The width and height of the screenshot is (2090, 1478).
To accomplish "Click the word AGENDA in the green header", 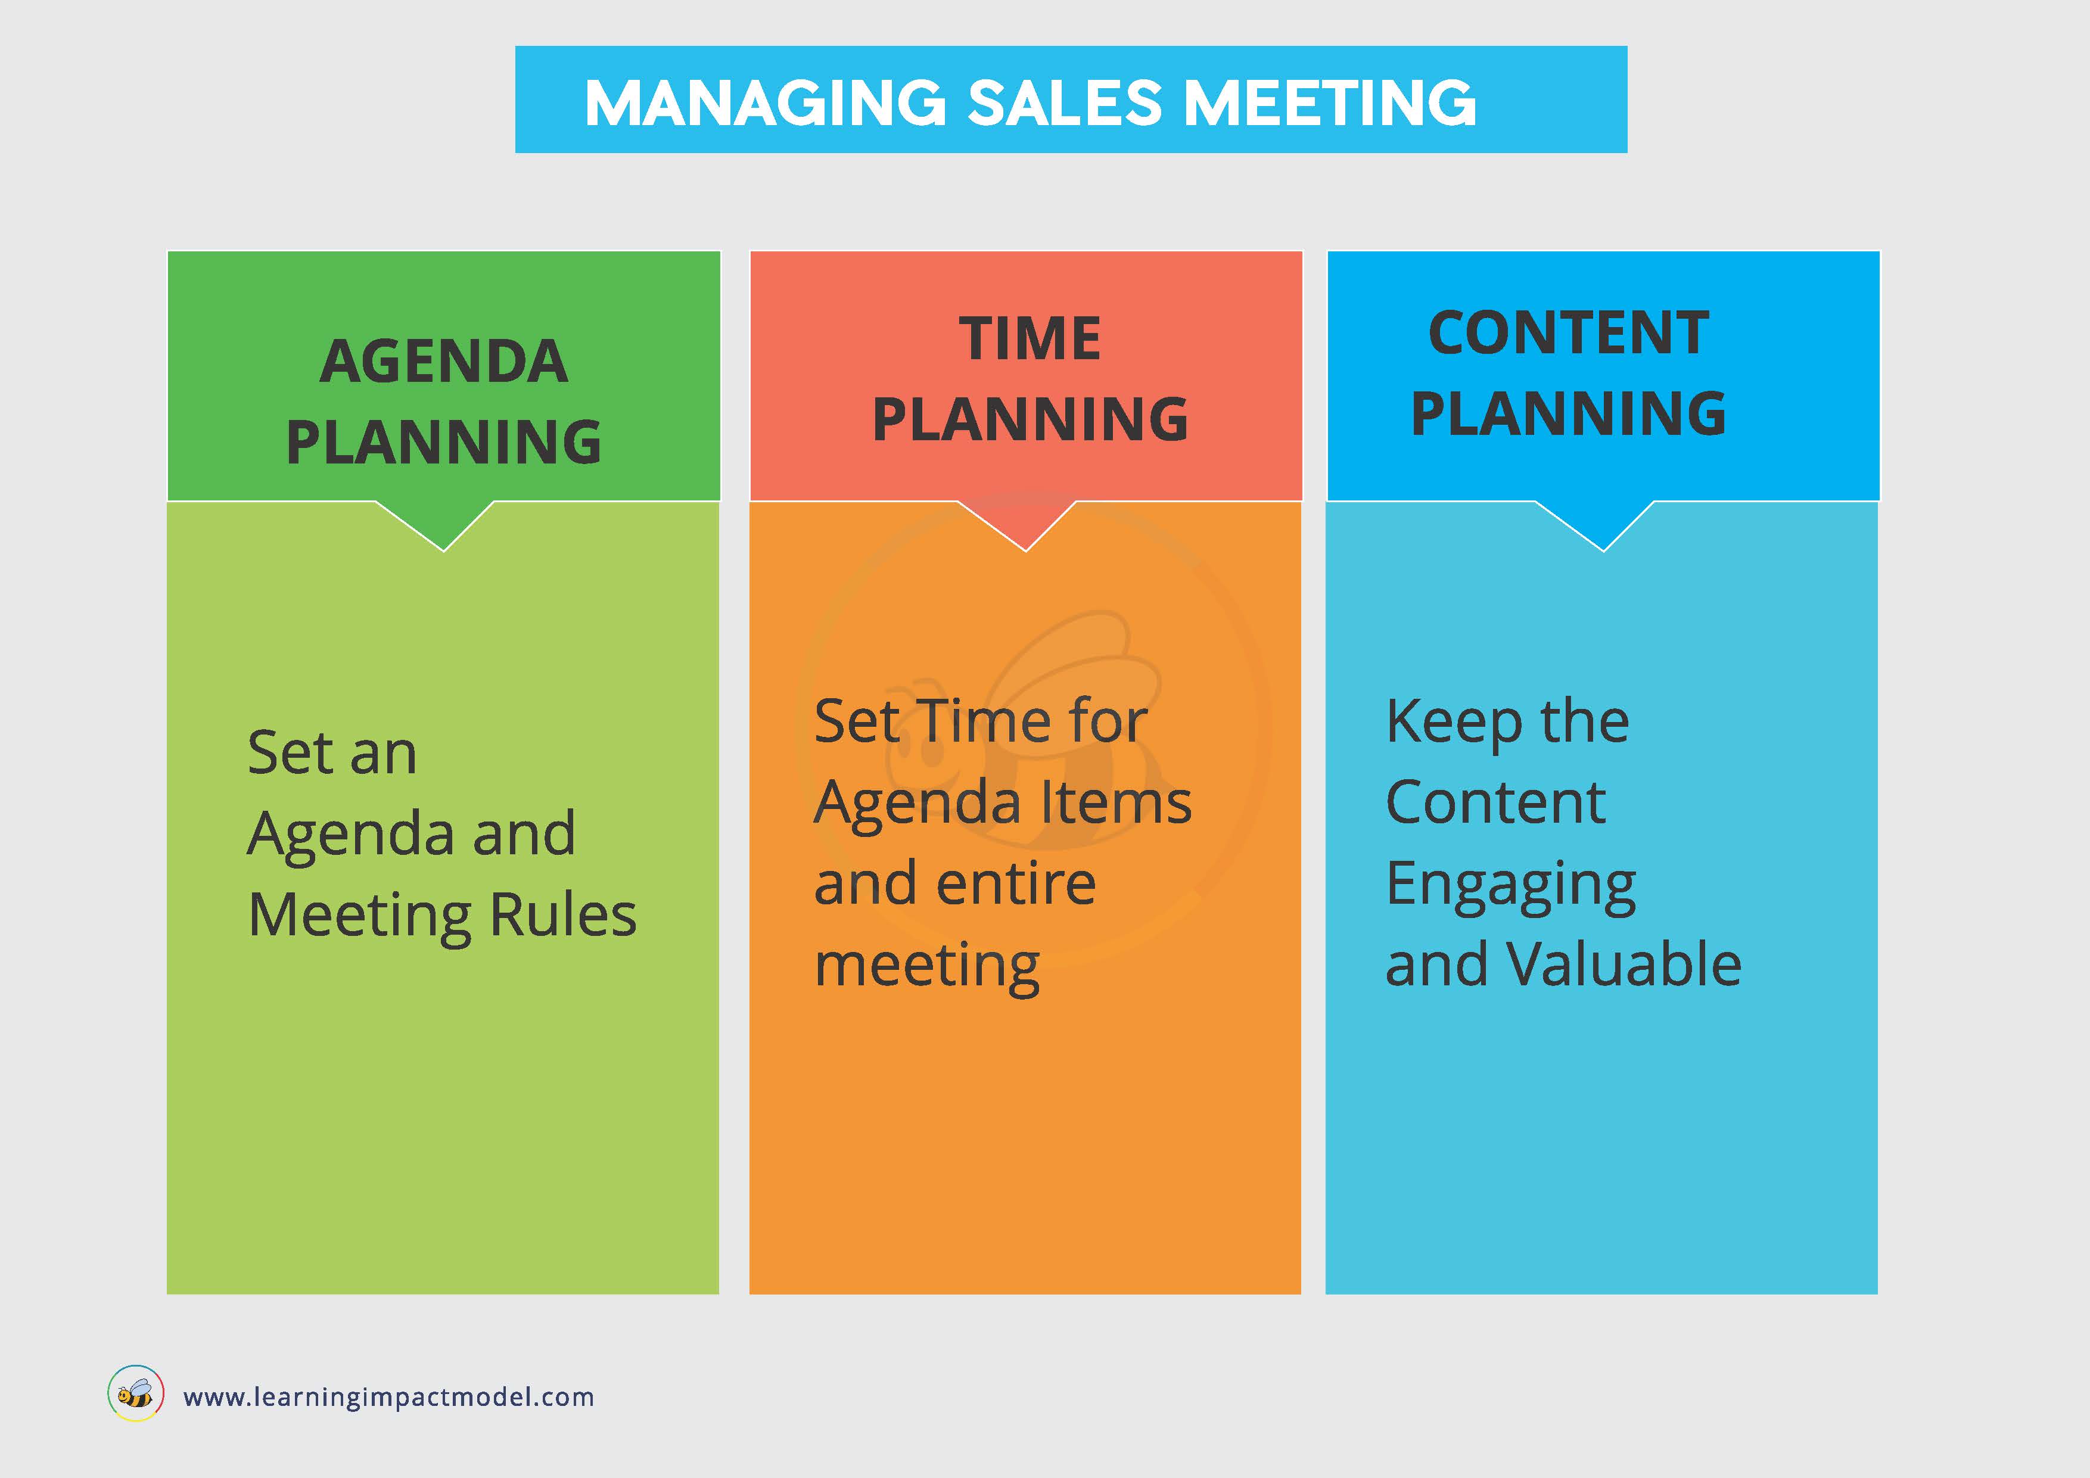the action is [x=444, y=362].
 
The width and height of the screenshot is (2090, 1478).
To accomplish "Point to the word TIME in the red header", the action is [x=1030, y=338].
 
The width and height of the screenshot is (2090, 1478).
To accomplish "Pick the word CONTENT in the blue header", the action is [x=1569, y=333].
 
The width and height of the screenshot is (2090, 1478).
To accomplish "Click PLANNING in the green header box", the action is [x=444, y=442].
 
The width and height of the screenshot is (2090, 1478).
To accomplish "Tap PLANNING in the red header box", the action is [x=1030, y=419].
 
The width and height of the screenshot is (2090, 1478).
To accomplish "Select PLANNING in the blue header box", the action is [x=1569, y=414].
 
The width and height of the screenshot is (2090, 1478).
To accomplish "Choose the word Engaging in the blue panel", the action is [x=1511, y=885].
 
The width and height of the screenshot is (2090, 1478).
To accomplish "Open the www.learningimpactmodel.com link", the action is [x=388, y=1397].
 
